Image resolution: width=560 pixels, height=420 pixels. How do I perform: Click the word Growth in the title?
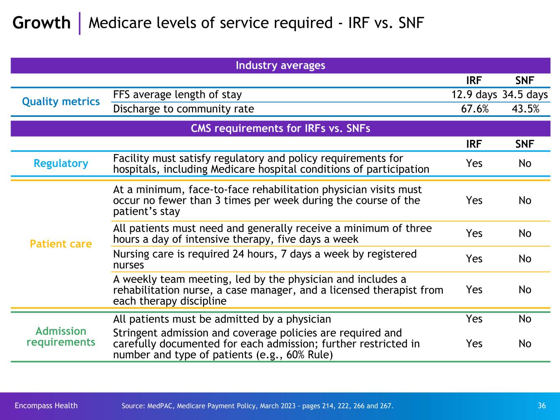41,23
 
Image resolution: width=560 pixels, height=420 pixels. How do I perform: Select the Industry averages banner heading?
280,66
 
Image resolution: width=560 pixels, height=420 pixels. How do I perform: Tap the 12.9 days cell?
474,95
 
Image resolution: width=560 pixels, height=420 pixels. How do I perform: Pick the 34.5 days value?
525,95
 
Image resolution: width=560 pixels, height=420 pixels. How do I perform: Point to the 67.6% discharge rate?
474,109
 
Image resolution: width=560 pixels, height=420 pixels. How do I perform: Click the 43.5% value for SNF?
525,109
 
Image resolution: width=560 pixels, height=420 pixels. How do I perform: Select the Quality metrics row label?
61,102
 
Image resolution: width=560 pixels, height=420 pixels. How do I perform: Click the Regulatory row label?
61,163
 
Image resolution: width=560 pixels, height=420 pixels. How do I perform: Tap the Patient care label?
61,244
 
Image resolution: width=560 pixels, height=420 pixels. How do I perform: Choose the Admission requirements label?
61,337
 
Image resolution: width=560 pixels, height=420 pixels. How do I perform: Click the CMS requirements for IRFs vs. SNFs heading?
280,129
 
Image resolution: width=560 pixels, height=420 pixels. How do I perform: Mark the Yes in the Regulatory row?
474,164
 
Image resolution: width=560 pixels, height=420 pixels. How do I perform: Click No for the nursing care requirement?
525,259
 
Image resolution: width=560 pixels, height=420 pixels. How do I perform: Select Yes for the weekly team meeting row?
474,290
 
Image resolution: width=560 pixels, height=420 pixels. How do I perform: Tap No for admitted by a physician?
525,319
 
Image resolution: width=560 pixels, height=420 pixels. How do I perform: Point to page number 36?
542,406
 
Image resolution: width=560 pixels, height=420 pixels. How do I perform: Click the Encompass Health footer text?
46,406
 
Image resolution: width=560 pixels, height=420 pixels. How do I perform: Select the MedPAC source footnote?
257,406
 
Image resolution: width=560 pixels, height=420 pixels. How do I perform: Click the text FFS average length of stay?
177,95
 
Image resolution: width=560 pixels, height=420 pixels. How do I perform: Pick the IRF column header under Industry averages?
474,80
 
